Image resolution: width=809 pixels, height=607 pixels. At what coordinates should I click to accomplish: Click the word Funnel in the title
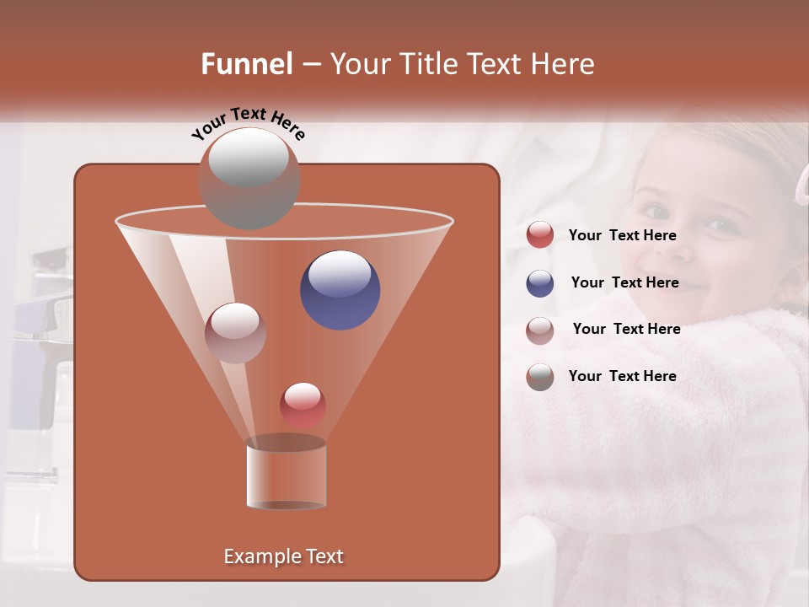[247, 64]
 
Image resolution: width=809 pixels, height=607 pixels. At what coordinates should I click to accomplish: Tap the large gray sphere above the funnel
[249, 177]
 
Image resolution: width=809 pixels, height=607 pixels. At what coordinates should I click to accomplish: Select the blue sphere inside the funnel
[340, 289]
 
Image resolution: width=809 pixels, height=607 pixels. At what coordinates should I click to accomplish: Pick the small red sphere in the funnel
[303, 405]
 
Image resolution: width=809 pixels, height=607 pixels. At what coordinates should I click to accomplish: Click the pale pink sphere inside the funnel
[235, 332]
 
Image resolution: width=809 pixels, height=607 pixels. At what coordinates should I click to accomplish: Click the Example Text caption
[283, 556]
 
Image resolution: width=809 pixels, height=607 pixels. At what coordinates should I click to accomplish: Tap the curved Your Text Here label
[248, 123]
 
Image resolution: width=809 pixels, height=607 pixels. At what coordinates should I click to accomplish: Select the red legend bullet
[540, 235]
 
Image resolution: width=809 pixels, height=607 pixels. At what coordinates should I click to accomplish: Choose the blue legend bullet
[540, 283]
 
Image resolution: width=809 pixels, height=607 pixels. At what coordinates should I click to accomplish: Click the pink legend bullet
[540, 330]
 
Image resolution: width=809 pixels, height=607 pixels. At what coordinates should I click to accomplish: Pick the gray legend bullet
[540, 377]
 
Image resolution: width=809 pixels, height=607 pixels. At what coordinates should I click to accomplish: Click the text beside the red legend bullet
[622, 235]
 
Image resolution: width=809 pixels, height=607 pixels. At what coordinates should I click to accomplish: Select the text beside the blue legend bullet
[624, 282]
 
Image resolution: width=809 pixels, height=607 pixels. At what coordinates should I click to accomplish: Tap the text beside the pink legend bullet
[626, 329]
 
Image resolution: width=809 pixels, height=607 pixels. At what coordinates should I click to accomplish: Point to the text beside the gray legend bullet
[622, 376]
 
